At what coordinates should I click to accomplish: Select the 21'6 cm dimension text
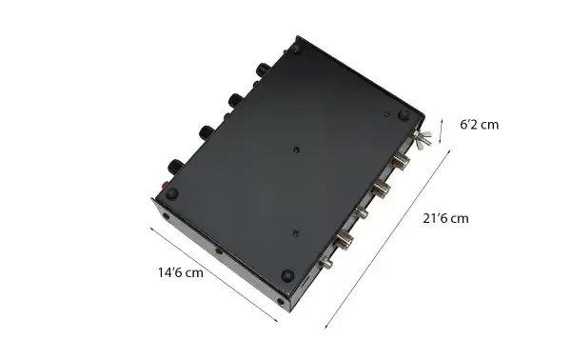pos(445,218)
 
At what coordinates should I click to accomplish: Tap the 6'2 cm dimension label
pos(479,124)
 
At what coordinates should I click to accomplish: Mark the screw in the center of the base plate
pos(297,150)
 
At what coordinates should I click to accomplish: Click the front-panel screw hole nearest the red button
pos(167,216)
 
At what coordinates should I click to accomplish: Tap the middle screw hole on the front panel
pos(220,251)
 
